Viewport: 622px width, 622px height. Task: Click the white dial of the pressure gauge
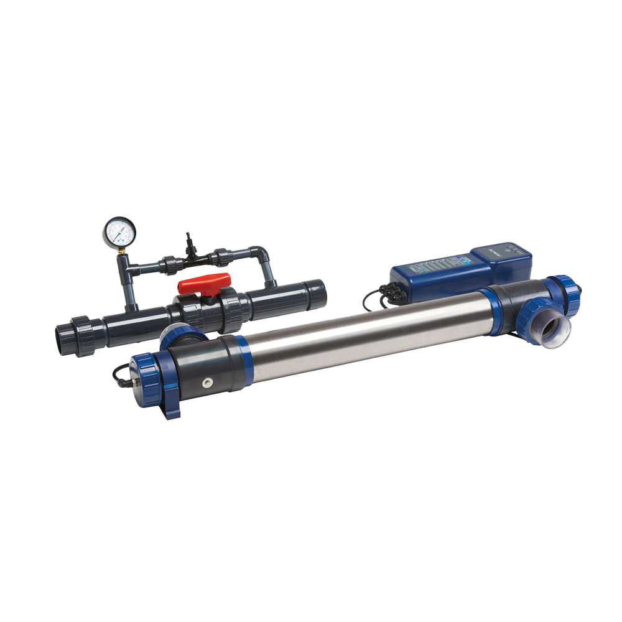119,233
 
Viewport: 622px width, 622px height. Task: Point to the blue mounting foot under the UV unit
171,407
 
